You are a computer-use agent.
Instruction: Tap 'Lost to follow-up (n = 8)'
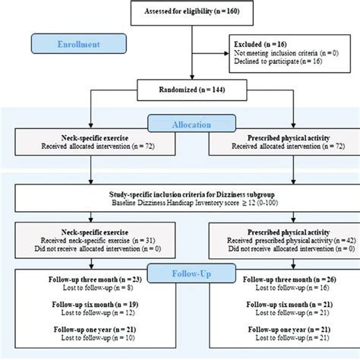point(91,289)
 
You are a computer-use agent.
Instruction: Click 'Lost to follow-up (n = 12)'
point(91,311)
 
